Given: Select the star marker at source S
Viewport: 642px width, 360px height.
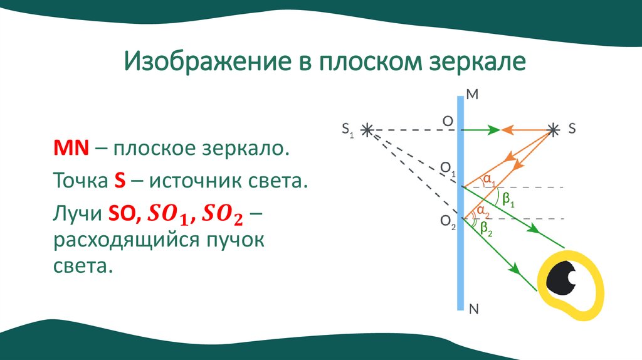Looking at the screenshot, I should (552, 129).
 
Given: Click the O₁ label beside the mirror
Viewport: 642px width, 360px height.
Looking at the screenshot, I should (448, 168).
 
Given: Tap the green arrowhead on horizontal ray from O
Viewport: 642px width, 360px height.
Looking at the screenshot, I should (494, 130).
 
